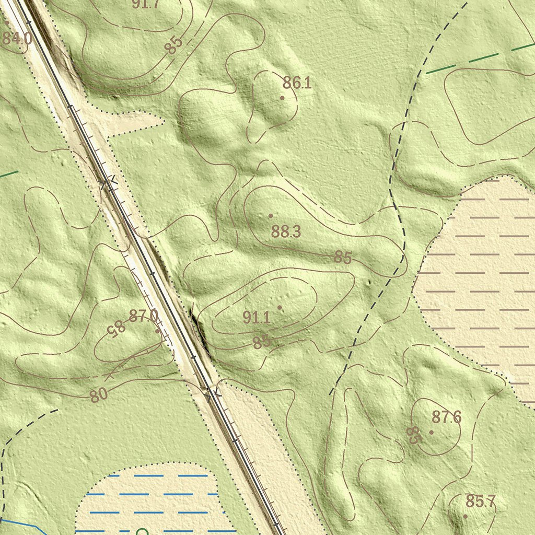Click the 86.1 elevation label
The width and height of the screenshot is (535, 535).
(297, 83)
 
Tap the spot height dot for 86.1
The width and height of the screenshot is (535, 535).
(282, 98)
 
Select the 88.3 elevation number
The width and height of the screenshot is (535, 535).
(286, 232)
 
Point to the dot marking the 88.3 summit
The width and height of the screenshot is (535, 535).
(271, 216)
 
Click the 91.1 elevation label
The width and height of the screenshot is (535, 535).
(256, 317)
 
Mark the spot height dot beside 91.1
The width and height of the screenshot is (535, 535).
(280, 307)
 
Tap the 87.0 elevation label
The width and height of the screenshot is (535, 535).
(143, 316)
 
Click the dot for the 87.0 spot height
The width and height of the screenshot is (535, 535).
(158, 331)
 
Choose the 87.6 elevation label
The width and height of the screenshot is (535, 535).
(447, 417)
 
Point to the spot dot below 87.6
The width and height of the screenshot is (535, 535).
(431, 432)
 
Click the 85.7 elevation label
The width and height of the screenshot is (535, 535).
(480, 502)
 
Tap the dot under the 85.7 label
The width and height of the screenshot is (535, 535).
(466, 516)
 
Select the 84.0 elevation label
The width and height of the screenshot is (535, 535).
(16, 38)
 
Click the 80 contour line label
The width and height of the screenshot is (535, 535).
(98, 395)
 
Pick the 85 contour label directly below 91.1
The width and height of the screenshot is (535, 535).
(261, 342)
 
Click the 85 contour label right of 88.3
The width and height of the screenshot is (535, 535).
(343, 258)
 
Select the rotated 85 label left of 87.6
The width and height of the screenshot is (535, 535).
(413, 435)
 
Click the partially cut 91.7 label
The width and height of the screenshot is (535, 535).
(145, 5)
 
